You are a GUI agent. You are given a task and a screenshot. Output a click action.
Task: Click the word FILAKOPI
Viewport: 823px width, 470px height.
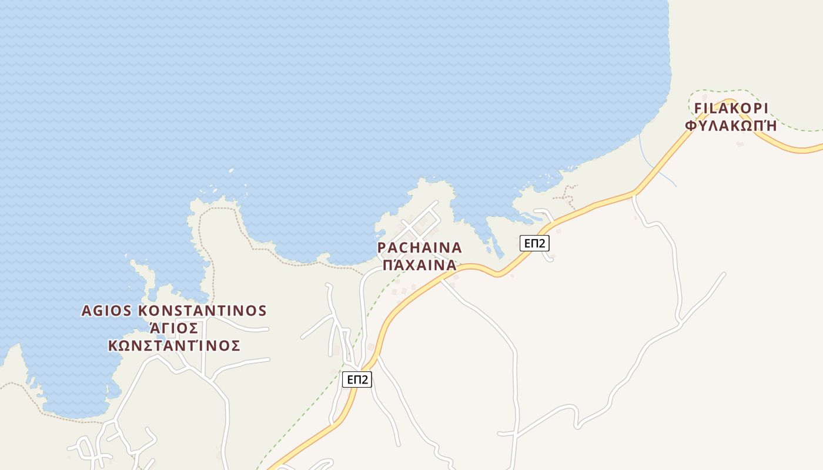(731, 109)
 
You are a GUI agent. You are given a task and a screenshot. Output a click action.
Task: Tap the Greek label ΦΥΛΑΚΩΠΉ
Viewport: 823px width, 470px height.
(731, 126)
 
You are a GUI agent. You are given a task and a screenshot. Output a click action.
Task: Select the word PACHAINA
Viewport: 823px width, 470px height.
(420, 247)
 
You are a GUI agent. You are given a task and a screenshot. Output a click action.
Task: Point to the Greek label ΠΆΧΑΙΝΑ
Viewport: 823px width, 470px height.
(420, 265)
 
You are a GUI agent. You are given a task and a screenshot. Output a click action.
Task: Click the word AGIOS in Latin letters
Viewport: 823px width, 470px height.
(106, 311)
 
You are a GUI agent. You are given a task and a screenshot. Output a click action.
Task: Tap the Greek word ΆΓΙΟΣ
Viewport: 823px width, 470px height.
(175, 328)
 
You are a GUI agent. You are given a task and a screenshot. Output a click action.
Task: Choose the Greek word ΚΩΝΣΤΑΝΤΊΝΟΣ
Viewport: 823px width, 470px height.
(175, 345)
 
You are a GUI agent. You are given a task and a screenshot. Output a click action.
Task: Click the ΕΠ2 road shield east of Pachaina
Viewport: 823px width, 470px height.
(534, 243)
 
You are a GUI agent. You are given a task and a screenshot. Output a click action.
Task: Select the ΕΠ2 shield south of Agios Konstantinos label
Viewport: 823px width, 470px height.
(357, 380)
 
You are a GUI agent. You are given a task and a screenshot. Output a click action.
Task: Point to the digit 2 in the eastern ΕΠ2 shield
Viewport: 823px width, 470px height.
(543, 243)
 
